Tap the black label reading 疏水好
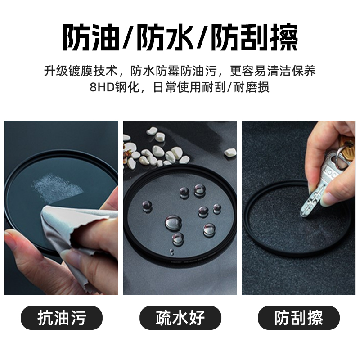pos(180,318)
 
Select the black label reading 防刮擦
pos(298,318)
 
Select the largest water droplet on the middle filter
pos(173,222)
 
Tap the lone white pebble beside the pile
pos(230,153)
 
